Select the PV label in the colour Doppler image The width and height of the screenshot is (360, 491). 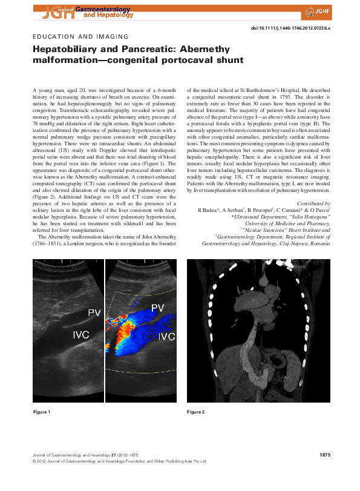(x=157, y=308)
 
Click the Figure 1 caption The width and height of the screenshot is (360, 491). (x=41, y=412)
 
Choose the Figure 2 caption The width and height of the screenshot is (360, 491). (x=195, y=412)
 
